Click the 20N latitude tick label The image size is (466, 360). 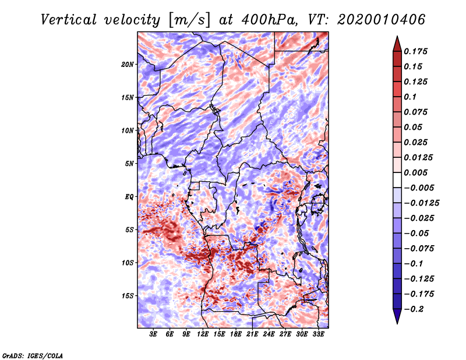tap(128, 65)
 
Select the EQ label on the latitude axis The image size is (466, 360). tap(129, 197)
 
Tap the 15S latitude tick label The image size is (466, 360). tap(128, 296)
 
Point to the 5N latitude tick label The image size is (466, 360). tap(129, 164)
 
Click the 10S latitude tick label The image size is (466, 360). tap(128, 263)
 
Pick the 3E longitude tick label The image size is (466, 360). tap(153, 334)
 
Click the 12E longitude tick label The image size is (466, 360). tap(202, 334)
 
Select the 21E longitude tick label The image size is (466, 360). tap(252, 334)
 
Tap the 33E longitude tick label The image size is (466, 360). tap(318, 334)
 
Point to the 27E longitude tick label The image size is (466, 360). tap(285, 334)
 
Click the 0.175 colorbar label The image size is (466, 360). tap(415, 51)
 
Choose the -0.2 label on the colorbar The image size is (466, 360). tap(414, 309)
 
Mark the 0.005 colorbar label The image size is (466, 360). tap(415, 172)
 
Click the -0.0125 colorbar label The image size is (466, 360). tap(421, 203)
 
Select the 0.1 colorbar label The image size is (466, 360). tap(410, 97)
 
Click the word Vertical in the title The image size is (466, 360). tap(69, 20)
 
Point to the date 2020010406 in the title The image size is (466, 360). tap(382, 20)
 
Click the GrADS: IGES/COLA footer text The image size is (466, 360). tap(33, 356)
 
